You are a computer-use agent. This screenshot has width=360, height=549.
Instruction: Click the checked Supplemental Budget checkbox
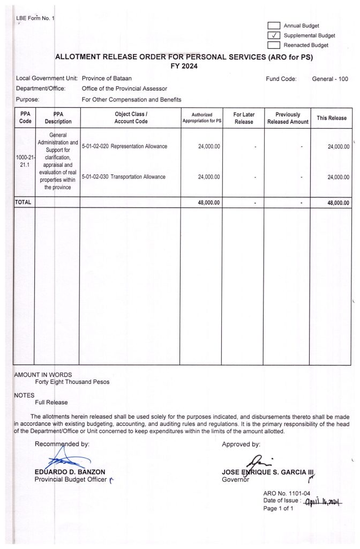pos(274,35)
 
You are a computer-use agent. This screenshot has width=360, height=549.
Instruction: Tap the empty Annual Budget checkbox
pos(274,26)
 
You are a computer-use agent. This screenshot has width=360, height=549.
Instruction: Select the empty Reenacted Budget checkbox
pos(274,45)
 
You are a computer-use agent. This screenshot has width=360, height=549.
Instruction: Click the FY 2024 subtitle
pos(184,65)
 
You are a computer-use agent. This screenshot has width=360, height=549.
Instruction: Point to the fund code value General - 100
pos(330,79)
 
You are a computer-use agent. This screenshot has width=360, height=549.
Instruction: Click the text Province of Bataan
pos(107,79)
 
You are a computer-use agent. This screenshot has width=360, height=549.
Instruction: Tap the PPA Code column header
pos(25,118)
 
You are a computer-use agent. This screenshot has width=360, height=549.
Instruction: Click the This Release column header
pos(332,118)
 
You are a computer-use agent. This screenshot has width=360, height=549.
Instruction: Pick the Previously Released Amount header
pos(288,118)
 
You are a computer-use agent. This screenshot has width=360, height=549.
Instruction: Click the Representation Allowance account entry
pos(124,146)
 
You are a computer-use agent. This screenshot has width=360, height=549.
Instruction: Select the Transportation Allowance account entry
pos(124,177)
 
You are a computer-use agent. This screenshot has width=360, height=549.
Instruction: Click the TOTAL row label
pos(24,203)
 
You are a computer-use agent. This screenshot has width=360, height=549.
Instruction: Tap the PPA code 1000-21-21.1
pos(24,162)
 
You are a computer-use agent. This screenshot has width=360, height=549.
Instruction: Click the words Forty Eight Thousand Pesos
pos(72,382)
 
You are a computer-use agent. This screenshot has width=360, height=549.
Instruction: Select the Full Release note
pos(51,402)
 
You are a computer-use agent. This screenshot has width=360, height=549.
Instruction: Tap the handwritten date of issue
pos(322,501)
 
